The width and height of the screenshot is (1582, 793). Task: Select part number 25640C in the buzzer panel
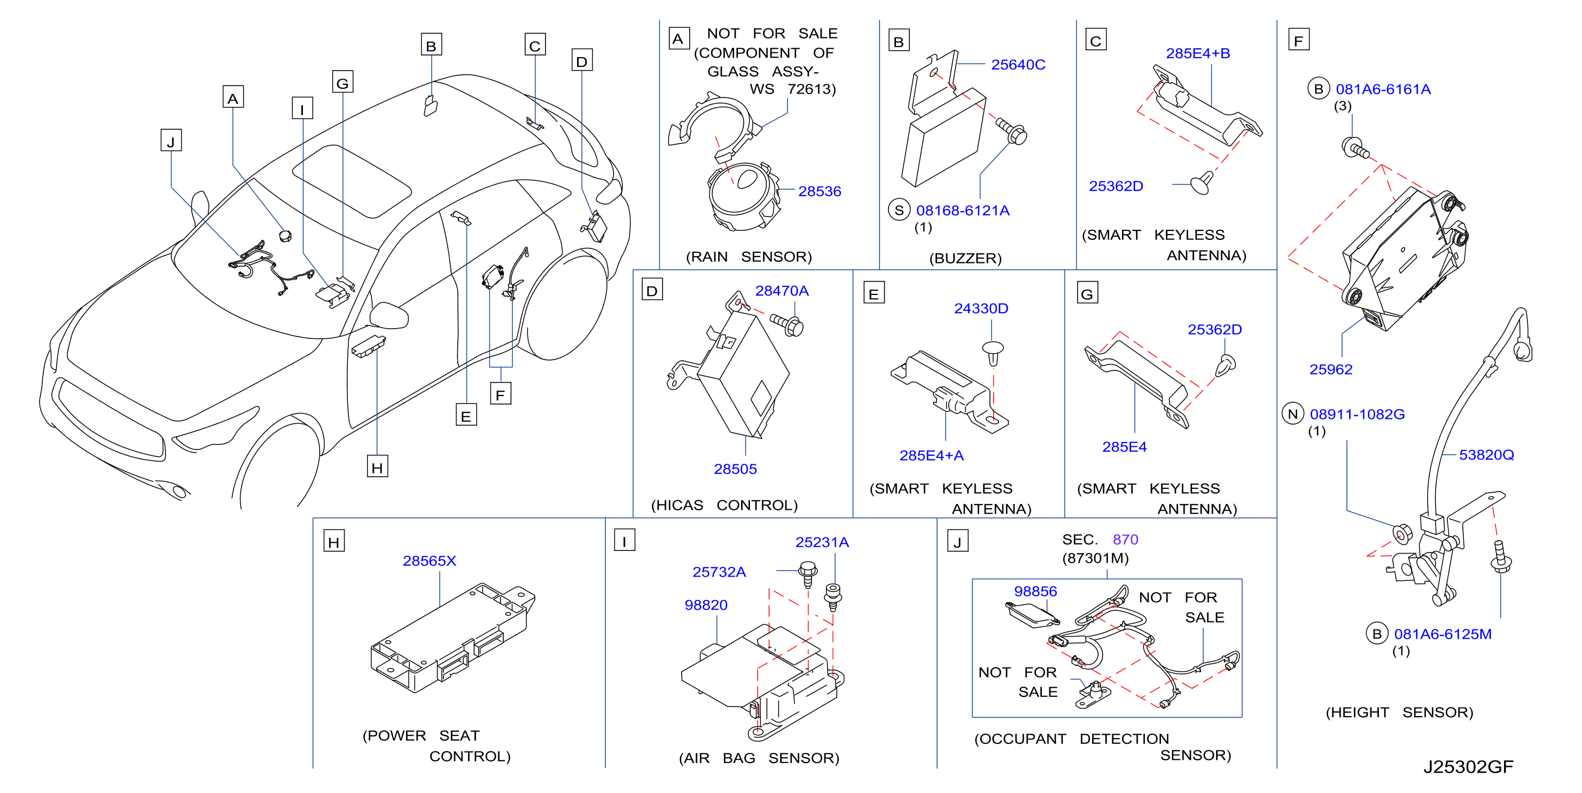click(x=1018, y=65)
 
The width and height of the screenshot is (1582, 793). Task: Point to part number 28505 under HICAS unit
click(x=735, y=469)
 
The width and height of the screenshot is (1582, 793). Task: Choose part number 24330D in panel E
click(x=981, y=308)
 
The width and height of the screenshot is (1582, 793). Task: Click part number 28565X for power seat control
click(x=429, y=561)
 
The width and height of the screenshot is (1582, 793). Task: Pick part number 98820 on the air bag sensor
click(x=706, y=605)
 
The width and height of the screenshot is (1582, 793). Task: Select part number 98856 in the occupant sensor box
click(x=1035, y=591)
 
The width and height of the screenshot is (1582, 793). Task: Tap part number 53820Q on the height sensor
click(x=1486, y=455)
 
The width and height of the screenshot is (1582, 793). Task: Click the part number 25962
click(x=1331, y=369)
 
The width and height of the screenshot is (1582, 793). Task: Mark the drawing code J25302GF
click(x=1468, y=767)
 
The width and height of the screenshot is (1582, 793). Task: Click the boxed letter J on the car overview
click(x=171, y=141)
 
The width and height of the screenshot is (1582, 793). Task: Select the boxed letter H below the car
click(x=377, y=467)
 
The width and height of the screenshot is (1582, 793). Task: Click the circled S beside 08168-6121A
click(x=899, y=210)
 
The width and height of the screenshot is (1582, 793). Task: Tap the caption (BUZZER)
click(x=965, y=258)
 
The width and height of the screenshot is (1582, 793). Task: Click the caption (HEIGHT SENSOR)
click(x=1399, y=712)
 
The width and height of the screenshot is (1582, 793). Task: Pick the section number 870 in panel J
click(x=1125, y=539)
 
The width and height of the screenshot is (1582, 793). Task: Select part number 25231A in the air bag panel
click(x=822, y=542)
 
